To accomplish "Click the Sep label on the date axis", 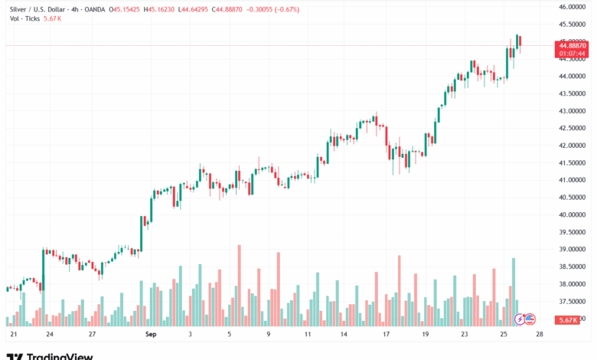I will click(150, 335).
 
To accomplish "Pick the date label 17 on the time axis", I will click(387, 335).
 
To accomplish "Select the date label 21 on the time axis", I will click(13, 335).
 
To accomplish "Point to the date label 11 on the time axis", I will click(307, 335).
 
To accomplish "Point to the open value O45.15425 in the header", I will click(130, 9).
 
